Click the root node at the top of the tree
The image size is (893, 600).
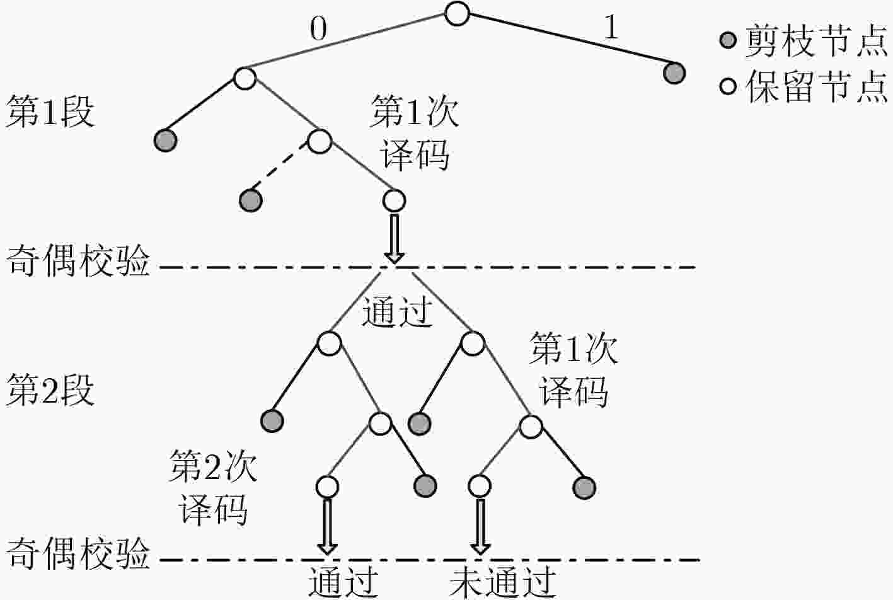(457, 14)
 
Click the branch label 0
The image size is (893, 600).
(318, 30)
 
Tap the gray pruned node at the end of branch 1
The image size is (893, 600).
(674, 73)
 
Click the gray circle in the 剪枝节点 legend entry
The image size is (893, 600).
(728, 40)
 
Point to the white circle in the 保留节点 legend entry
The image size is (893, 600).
(728, 86)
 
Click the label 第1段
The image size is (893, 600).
(50, 112)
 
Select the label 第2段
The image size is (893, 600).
(50, 390)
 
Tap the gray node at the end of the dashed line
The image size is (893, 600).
(251, 200)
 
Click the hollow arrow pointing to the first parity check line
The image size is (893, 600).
(395, 239)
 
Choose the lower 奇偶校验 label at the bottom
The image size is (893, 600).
(78, 554)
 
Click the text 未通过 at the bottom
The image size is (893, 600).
(503, 583)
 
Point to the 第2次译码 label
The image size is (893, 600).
(213, 488)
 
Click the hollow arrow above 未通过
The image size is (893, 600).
(480, 527)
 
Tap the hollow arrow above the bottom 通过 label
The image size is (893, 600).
(328, 527)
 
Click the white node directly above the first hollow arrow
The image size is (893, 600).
(395, 200)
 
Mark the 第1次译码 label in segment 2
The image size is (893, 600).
(573, 370)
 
